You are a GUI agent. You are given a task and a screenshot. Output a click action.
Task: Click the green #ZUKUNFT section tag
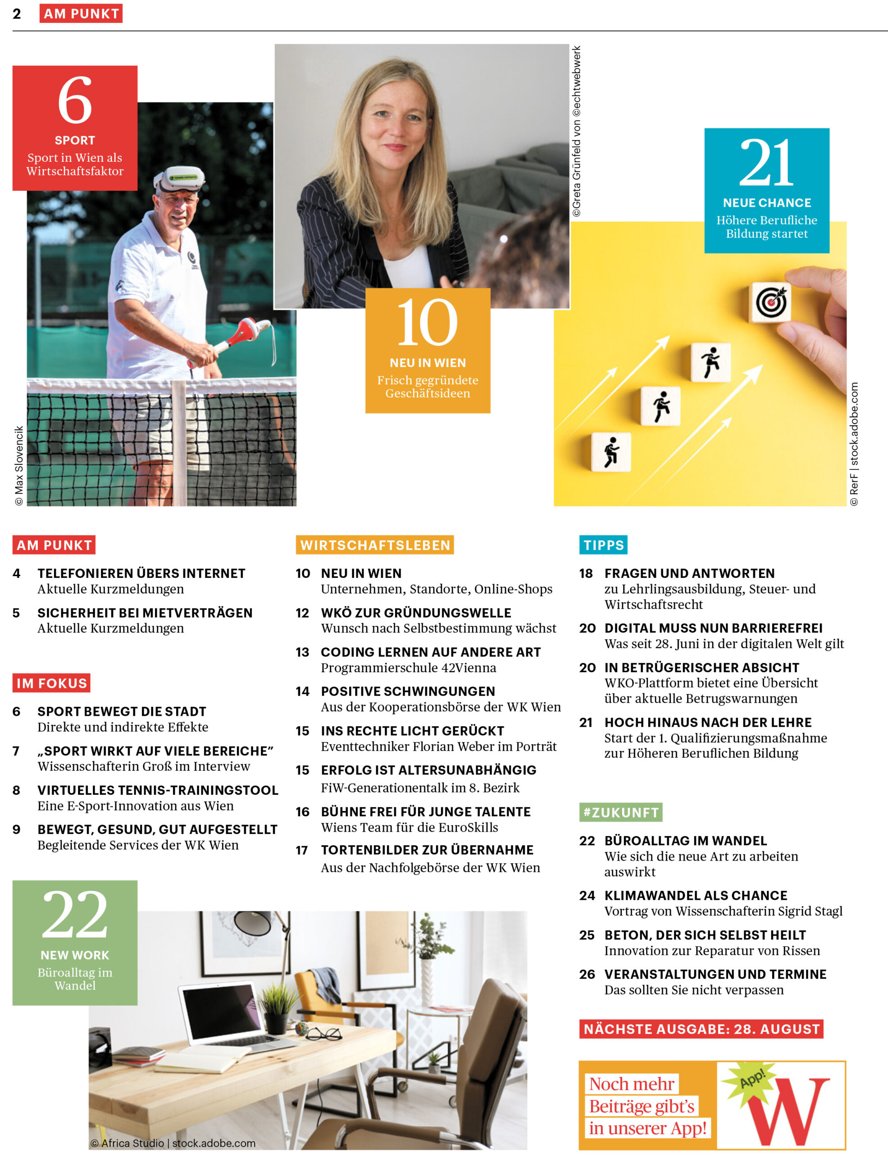point(620,812)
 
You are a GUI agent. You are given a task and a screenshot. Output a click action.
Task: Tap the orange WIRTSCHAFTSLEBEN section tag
point(375,545)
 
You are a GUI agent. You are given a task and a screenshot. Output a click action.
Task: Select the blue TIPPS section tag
point(603,545)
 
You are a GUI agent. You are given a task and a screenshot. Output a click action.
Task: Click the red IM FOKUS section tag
point(51,683)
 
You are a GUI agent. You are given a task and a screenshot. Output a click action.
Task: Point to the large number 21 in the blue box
point(766,162)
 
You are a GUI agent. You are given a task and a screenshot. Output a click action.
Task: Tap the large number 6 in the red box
point(74,100)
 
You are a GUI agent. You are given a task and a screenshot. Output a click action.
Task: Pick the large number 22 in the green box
point(74,915)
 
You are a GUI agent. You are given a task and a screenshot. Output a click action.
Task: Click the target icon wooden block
point(771,302)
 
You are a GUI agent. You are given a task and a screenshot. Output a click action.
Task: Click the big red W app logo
point(789,1111)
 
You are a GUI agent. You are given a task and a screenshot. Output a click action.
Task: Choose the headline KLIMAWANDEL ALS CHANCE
point(695,896)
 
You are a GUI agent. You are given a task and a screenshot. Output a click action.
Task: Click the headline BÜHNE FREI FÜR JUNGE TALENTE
point(425,811)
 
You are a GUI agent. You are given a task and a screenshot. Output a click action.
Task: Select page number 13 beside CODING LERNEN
point(302,652)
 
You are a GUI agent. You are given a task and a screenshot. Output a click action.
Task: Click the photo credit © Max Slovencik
point(19,466)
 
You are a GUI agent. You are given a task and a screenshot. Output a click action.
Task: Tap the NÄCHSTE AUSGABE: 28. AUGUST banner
point(701,1029)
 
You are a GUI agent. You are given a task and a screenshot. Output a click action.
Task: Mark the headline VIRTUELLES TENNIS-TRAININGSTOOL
point(157,790)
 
